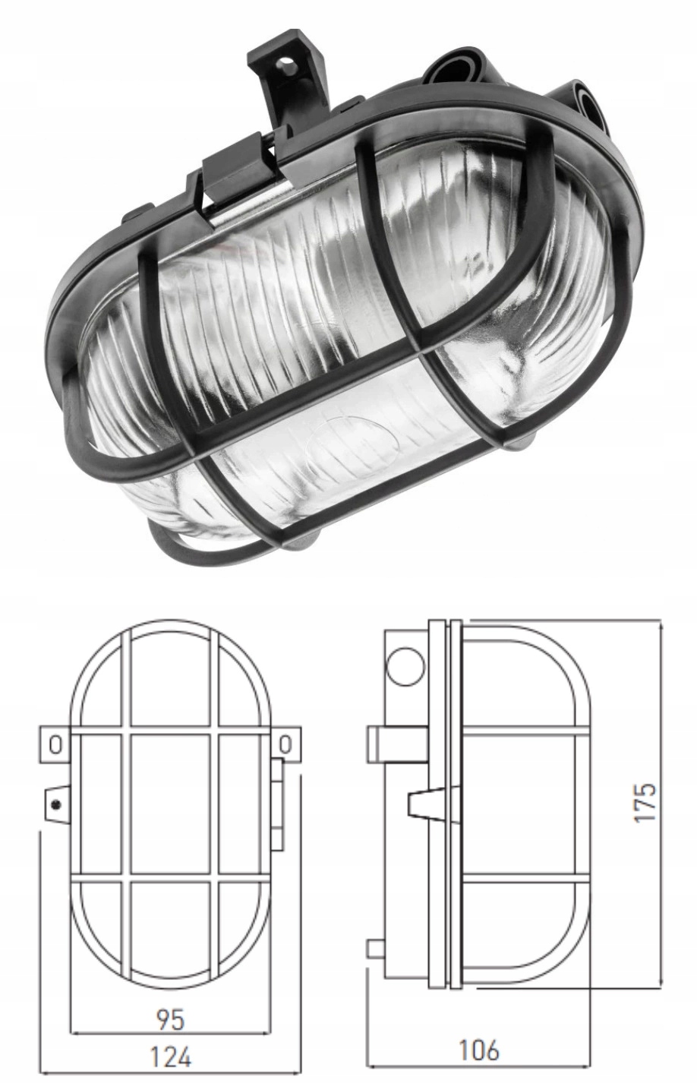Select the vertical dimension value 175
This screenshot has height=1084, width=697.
645,801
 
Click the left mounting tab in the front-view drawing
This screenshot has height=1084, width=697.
55,744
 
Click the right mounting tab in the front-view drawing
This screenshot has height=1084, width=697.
286,744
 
